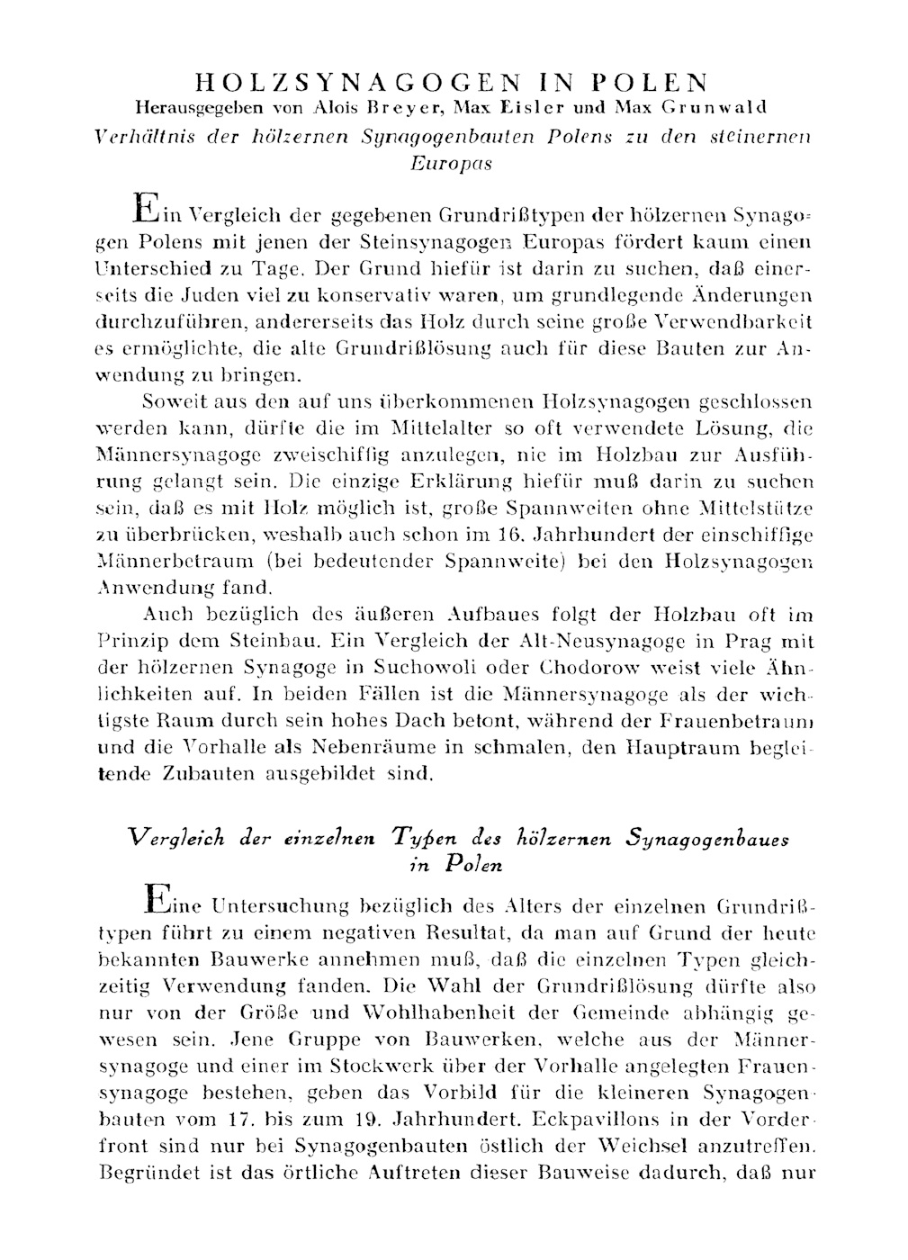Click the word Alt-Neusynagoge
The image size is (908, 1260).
pos(592,642)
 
